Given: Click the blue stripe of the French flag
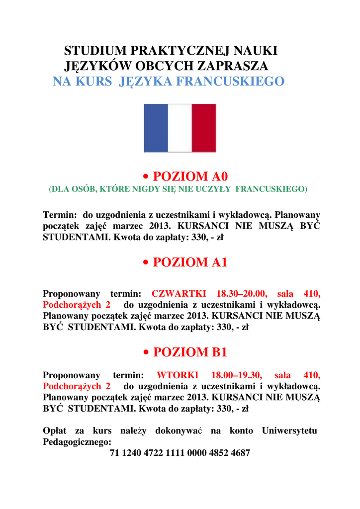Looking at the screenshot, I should point(156,128).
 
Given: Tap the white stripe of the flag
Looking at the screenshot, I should point(180,128).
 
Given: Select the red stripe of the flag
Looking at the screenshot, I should point(204,128).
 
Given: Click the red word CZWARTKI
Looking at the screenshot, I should point(179,293).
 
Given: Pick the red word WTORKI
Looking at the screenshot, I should point(178,375).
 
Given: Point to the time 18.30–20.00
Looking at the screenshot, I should point(242,293).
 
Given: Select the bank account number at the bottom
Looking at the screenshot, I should point(180,453).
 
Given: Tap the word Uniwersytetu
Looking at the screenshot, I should point(289,430).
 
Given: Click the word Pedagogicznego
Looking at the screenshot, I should point(77,441).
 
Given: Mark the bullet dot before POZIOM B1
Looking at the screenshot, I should point(146,353).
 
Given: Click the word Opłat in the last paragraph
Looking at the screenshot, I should point(55,430).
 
